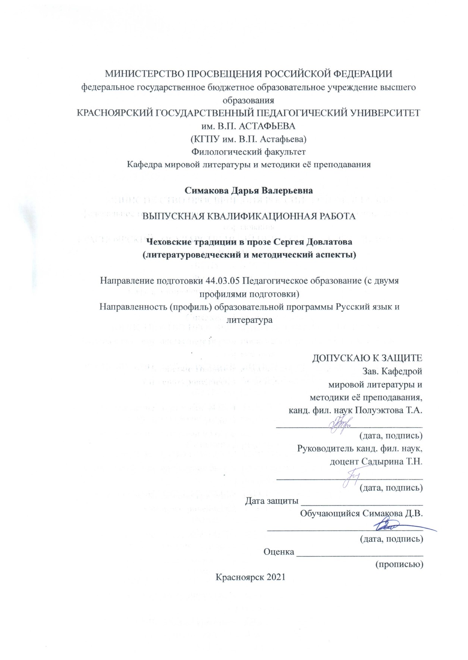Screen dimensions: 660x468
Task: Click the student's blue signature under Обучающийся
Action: pos(388,527)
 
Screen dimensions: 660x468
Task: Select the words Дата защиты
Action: pos(271,501)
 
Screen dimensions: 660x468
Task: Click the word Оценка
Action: pos(279,552)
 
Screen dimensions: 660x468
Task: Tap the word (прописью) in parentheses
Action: pos(399,564)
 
